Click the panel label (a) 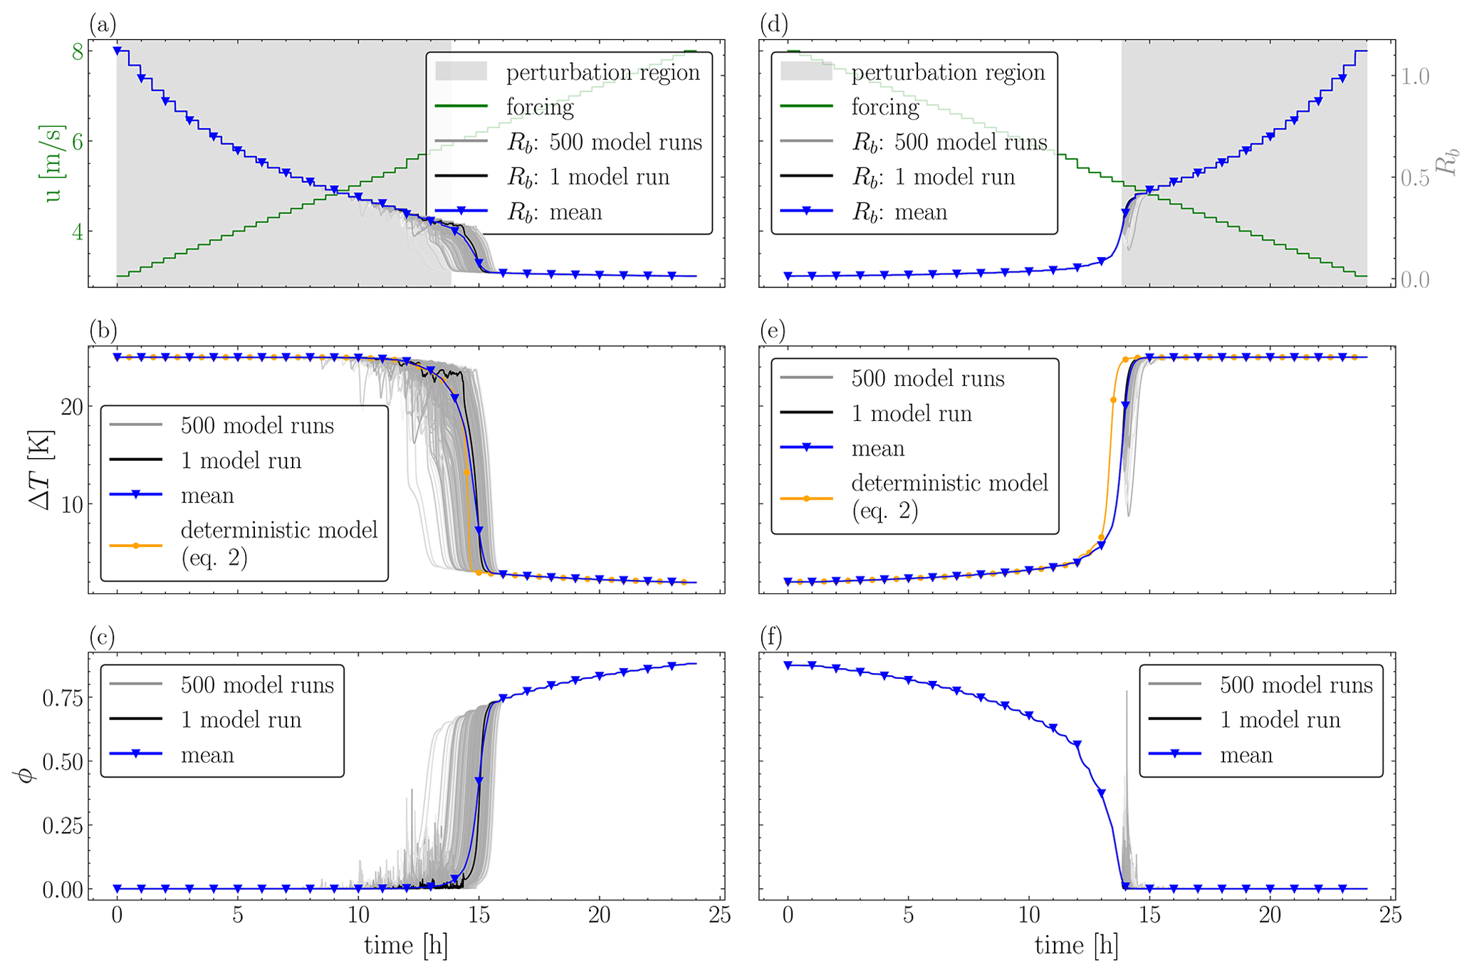102,25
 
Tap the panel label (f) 773,637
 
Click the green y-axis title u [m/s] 53,164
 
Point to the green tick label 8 77,52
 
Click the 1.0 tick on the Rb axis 1414,76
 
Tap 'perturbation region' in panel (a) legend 602,72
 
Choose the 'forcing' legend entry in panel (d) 884,107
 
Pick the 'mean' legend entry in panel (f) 1246,754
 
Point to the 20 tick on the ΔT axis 70,407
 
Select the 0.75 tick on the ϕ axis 63,698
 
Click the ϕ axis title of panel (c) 26,773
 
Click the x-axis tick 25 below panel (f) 1390,914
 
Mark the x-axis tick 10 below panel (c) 358,914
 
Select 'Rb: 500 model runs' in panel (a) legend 604,142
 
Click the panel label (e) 773,331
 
